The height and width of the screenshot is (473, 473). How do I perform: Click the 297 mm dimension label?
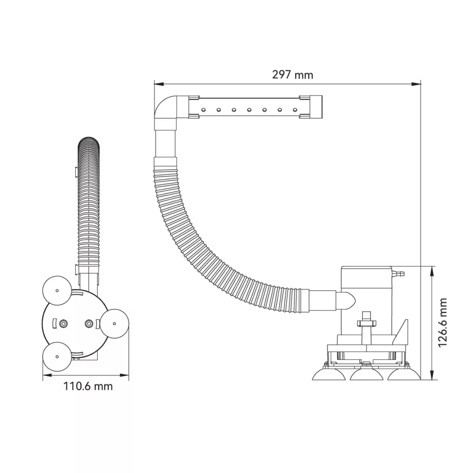tap(292, 74)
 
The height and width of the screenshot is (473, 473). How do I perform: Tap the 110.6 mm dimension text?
tap(88, 386)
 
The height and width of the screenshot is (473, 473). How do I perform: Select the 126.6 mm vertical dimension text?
tap(442, 322)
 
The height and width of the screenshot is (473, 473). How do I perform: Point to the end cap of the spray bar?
tap(315, 107)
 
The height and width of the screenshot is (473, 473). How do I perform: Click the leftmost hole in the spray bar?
tap(204, 109)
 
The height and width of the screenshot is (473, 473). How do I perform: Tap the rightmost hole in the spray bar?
tap(295, 109)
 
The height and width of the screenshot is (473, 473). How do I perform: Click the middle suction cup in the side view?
tap(366, 374)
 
